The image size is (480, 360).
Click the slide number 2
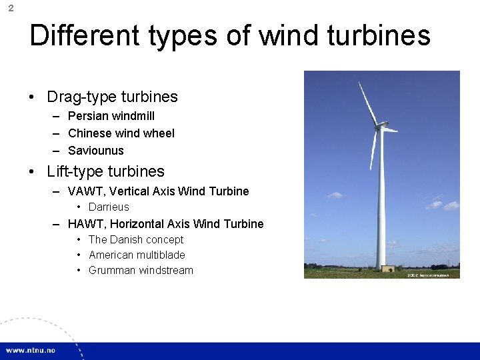click(11, 9)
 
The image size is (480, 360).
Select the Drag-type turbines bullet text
click(112, 97)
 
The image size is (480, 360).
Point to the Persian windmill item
click(111, 116)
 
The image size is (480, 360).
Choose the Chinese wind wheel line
click(121, 133)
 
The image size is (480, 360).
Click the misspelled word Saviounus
click(96, 151)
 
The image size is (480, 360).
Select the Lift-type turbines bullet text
click(105, 171)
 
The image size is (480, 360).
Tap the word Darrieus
click(109, 207)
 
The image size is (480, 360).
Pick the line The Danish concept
click(136, 239)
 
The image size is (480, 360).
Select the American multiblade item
click(137, 255)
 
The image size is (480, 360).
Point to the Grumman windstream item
click(141, 270)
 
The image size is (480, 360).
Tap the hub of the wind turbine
click(381, 125)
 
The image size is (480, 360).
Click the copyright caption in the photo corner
click(428, 275)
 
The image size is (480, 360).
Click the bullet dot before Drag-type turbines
click(32, 97)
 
